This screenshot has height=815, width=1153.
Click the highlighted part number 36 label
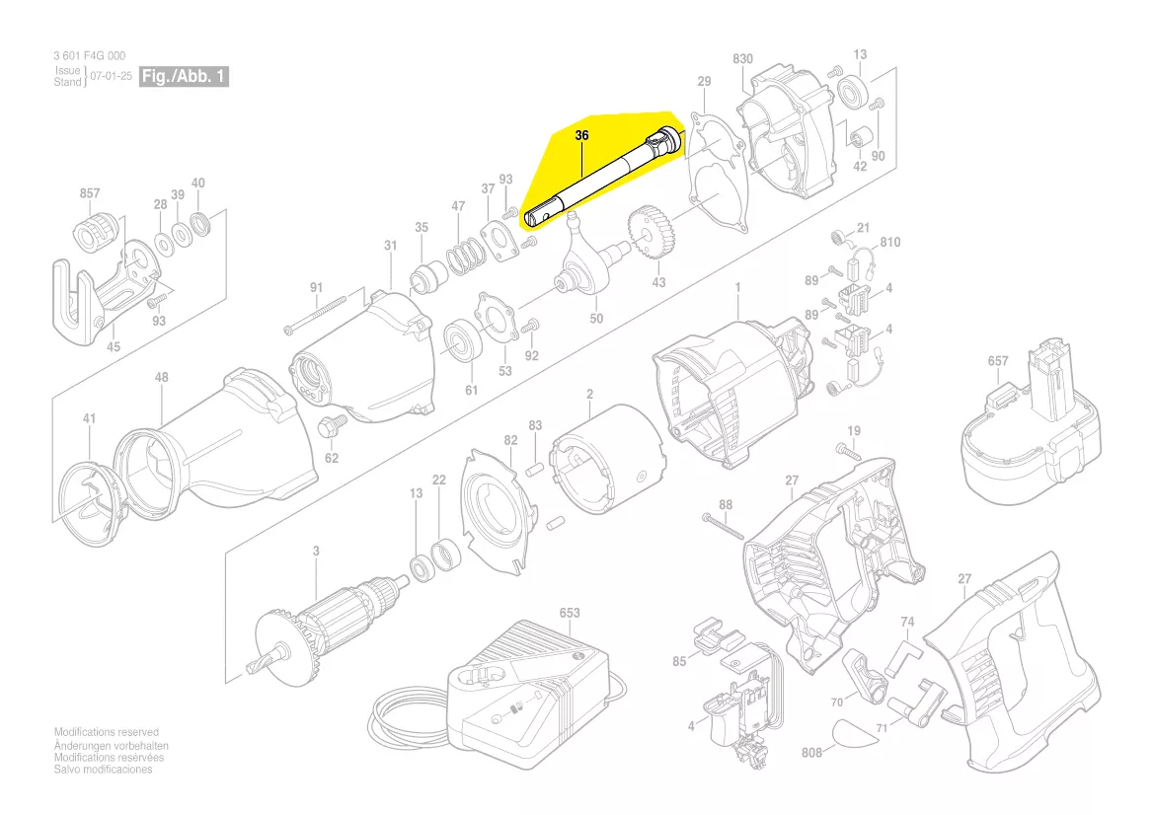click(581, 135)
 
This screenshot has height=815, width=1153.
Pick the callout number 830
click(742, 59)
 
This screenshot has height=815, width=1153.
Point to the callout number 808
click(811, 752)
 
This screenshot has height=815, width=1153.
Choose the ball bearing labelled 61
click(460, 341)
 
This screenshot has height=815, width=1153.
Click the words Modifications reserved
click(106, 732)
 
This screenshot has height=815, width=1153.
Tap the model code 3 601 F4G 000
click(89, 56)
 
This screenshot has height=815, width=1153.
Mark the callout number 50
click(596, 319)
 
